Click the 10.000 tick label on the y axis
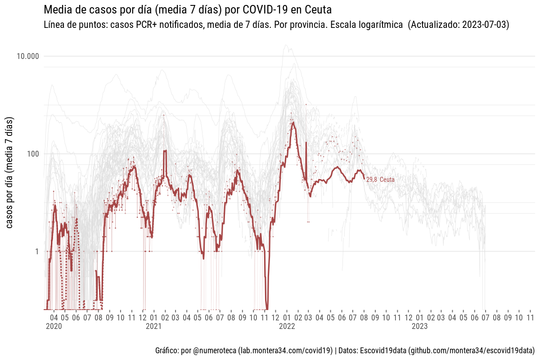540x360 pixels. click(x=27, y=56)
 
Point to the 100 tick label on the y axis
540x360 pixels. click(x=33, y=154)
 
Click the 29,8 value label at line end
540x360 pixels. click(x=372, y=180)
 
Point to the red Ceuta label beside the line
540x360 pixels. click(x=387, y=180)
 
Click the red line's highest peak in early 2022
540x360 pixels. click(x=293, y=122)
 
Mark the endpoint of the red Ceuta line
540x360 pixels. click(x=364, y=179)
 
